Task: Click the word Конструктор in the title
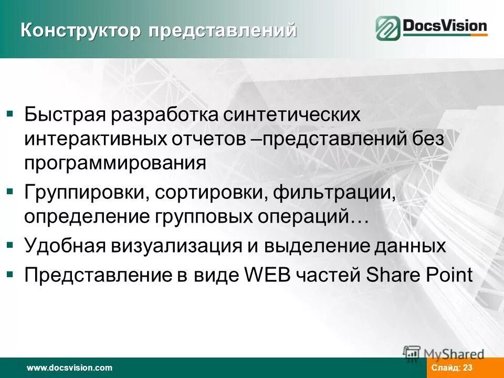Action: [81, 30]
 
